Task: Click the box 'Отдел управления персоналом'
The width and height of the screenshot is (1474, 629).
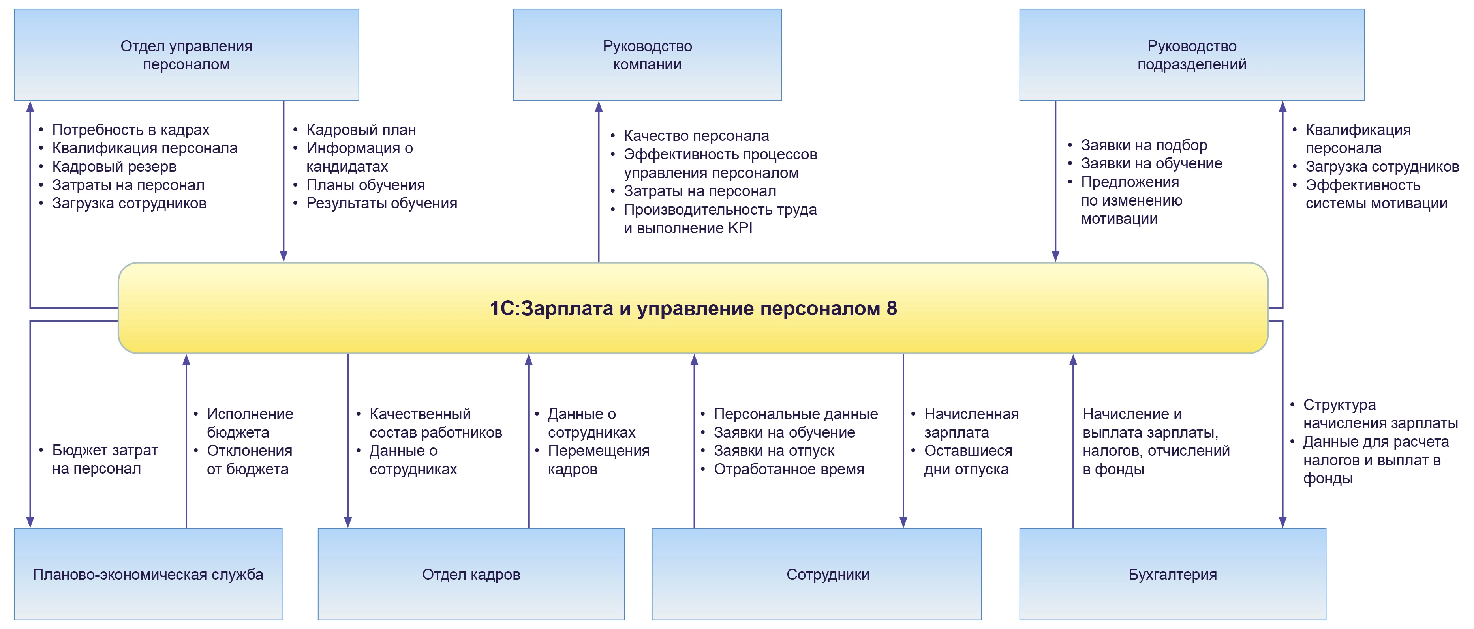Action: (x=186, y=55)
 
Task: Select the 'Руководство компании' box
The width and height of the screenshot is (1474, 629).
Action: (x=647, y=55)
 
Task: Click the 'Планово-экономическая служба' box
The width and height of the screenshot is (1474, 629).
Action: (x=148, y=574)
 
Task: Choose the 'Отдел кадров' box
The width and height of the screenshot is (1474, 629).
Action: (x=471, y=574)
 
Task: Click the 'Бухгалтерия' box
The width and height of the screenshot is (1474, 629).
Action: (x=1172, y=574)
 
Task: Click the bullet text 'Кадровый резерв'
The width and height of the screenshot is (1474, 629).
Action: (x=114, y=167)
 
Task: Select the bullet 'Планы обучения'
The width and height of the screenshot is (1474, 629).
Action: (x=365, y=185)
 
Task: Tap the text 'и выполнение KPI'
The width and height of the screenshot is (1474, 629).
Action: (x=688, y=228)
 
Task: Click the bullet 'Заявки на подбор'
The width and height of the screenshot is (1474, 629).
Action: (x=1144, y=145)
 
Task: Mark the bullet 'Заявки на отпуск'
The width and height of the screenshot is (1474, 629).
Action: (x=774, y=451)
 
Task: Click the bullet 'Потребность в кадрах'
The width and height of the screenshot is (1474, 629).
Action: (x=130, y=130)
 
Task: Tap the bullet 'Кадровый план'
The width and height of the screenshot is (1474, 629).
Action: (x=361, y=130)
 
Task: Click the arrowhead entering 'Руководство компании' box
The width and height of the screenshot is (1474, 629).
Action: (x=599, y=107)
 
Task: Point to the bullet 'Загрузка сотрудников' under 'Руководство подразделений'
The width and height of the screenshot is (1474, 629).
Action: (x=1382, y=167)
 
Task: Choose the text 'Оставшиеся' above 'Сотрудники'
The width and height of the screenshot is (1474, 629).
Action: (x=968, y=451)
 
